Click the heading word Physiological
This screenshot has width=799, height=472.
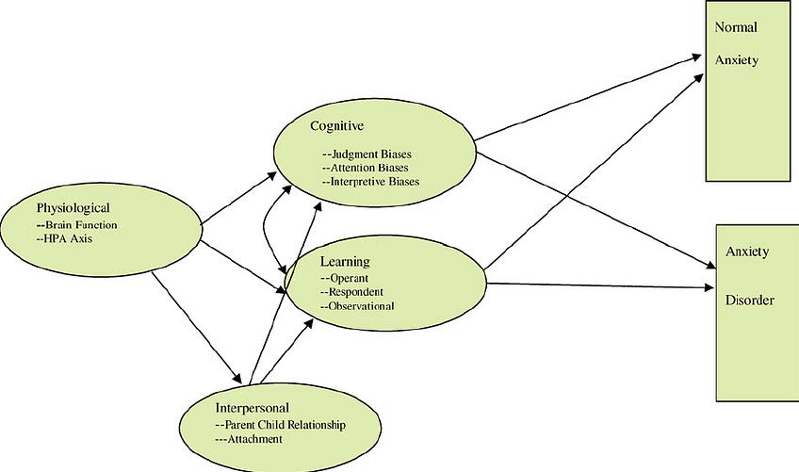pyautogui.click(x=73, y=207)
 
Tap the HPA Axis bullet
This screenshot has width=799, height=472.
pyautogui.click(x=64, y=238)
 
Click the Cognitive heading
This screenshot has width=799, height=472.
pyautogui.click(x=336, y=125)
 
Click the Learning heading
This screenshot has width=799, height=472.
pyautogui.click(x=343, y=261)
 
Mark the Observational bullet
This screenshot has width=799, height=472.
pyautogui.click(x=357, y=305)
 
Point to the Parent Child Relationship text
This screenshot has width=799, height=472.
pyautogui.click(x=280, y=425)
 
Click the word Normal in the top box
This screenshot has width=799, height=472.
pyautogui.click(x=735, y=27)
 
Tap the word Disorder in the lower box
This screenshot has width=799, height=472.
pyautogui.click(x=750, y=301)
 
